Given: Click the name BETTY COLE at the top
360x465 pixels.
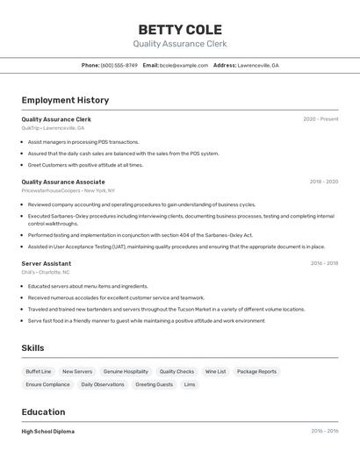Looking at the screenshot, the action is (x=180, y=29).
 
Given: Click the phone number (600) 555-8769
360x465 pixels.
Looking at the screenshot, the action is (x=119, y=65).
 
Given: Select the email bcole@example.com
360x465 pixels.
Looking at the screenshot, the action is (x=184, y=65).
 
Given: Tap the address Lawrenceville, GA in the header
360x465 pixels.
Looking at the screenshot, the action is (x=258, y=65).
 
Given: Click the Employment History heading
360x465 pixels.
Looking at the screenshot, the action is (x=65, y=101).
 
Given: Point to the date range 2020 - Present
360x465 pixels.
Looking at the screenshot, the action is (x=320, y=119).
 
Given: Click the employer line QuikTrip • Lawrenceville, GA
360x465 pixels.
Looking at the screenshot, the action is (x=53, y=128).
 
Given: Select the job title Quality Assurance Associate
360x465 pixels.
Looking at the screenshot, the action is (x=63, y=182).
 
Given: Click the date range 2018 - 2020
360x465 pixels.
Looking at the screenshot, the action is (x=323, y=182).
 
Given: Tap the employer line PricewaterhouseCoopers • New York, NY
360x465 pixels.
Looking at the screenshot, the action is (x=68, y=190).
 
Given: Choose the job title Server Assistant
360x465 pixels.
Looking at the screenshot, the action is (x=47, y=263).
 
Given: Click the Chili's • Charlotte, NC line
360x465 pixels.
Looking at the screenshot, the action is (x=46, y=272).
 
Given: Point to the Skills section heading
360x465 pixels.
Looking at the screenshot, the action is (x=32, y=348).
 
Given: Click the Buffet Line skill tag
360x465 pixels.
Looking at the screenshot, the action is (x=39, y=371).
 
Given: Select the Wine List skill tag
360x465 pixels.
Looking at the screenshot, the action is (x=215, y=371).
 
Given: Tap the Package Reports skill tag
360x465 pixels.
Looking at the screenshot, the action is (x=256, y=371).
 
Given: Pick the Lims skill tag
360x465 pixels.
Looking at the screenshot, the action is (x=190, y=384).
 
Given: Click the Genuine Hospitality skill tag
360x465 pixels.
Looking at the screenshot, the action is (x=126, y=371).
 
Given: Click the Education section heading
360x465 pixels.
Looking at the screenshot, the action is (x=43, y=412).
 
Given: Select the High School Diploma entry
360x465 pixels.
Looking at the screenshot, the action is (x=47, y=432).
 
